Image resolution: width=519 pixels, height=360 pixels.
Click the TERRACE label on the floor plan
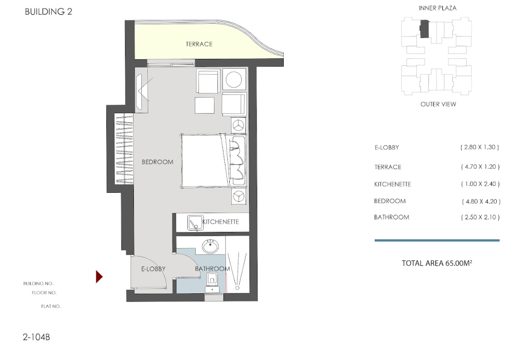coord(199,44)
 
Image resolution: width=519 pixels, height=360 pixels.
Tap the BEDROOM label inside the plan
coord(158,162)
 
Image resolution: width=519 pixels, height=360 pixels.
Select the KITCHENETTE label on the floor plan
coord(220,222)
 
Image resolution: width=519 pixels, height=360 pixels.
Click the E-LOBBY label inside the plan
coord(153,269)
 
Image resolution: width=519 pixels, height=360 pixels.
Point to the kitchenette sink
coord(195,223)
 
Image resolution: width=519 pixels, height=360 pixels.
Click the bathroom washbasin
coord(211,246)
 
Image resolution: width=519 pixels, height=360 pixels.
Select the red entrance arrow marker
coord(99,276)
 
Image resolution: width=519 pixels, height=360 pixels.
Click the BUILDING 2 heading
coord(48,11)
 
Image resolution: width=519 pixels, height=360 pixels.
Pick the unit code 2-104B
coord(37,337)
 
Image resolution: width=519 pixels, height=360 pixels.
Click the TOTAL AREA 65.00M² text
coord(437,263)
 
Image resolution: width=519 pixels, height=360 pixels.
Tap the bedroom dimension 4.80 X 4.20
coord(481,201)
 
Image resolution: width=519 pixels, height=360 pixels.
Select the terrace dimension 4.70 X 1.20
coord(480,167)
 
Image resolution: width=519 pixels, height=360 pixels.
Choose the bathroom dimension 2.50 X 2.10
coord(480,217)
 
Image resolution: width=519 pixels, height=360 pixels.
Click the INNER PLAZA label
coord(437,8)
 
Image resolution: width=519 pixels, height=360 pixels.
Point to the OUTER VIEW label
coord(438,104)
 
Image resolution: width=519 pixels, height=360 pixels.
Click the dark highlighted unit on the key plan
coord(424,29)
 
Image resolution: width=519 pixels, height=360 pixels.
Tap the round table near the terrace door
coord(234,80)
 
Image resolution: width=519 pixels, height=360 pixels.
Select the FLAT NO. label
coord(51,307)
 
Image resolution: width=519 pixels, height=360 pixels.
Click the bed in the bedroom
coord(204,161)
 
